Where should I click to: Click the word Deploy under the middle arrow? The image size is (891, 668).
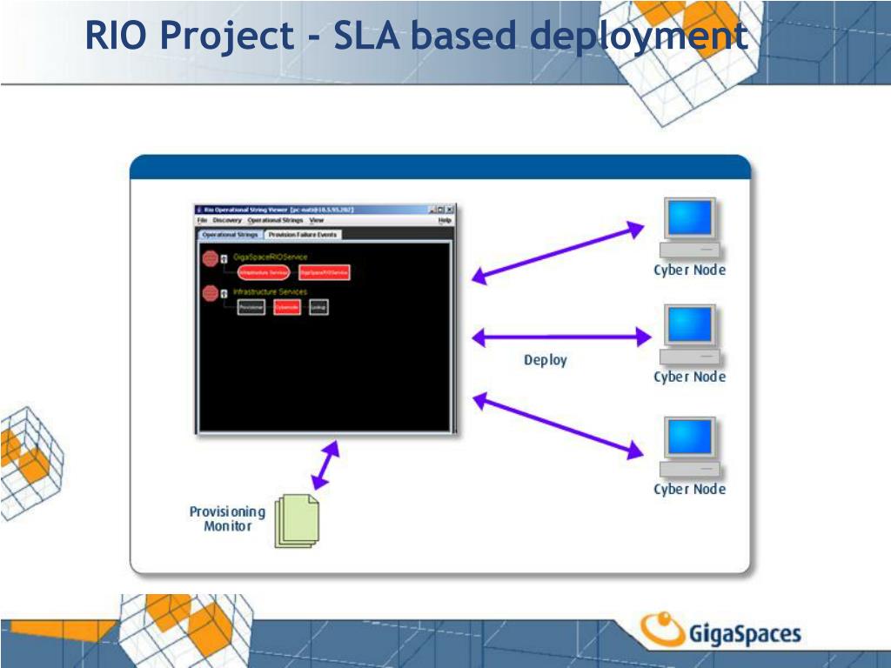click(545, 360)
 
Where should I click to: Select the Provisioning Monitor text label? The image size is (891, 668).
click(227, 518)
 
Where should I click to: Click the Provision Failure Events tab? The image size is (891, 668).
click(303, 235)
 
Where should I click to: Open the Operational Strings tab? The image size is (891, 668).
click(230, 235)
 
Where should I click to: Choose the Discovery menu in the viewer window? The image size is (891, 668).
click(227, 221)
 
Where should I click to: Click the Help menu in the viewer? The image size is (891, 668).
click(445, 221)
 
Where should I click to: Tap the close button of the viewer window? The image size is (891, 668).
click(450, 210)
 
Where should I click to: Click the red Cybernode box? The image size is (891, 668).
click(287, 307)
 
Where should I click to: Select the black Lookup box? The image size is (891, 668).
click(319, 307)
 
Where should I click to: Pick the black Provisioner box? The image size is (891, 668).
click(251, 307)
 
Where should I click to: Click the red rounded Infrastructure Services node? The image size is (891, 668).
click(263, 272)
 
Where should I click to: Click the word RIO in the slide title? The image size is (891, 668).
click(116, 37)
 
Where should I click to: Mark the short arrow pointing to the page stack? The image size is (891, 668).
click(326, 465)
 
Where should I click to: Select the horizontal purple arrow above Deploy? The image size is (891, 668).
click(561, 336)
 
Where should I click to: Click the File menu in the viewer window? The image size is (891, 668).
click(202, 221)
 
